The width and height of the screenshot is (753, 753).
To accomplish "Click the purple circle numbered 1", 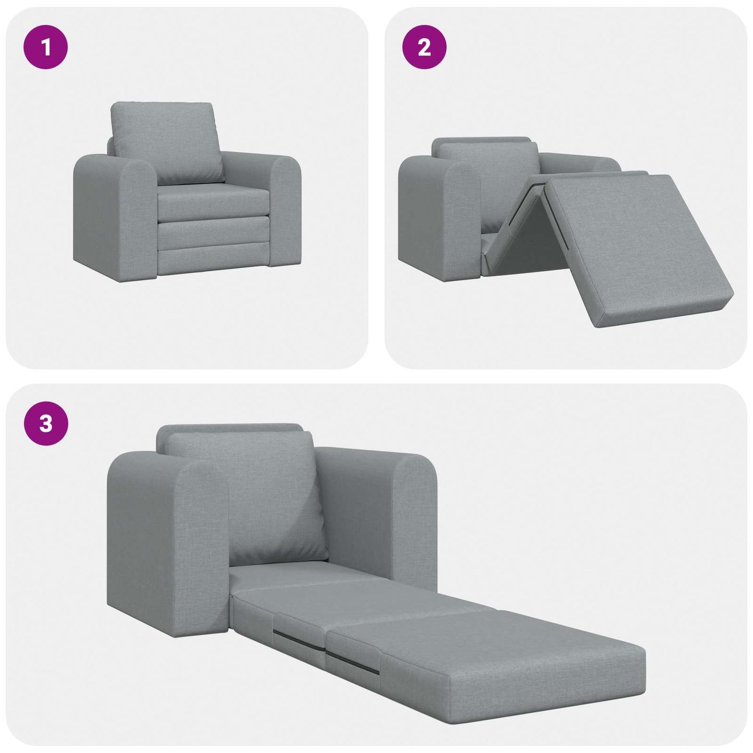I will tap(46, 47).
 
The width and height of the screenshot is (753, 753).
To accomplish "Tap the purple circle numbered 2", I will tap(424, 47).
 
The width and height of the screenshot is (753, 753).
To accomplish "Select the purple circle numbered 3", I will tap(46, 423).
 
